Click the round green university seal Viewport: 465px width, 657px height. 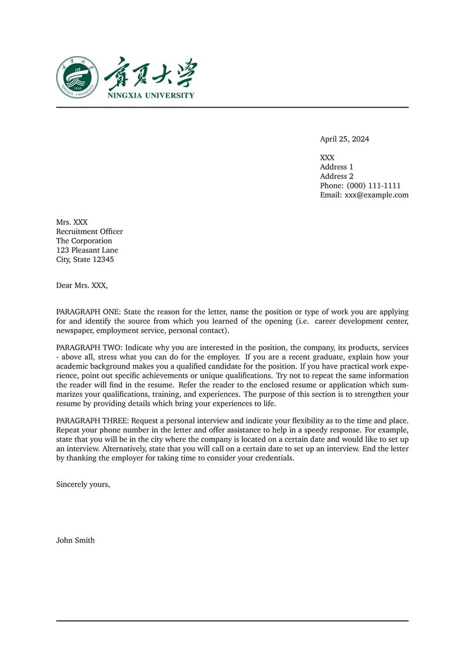click(77, 77)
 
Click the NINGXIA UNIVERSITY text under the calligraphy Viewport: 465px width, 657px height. click(151, 95)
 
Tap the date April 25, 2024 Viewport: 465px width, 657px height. click(344, 139)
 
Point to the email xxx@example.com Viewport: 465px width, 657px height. click(377, 195)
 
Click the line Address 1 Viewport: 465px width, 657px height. click(337, 167)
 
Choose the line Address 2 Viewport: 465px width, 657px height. click(337, 176)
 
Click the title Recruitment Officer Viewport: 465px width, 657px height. click(90, 232)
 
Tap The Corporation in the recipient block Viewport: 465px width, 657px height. click(84, 241)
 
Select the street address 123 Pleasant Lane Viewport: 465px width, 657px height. click(87, 250)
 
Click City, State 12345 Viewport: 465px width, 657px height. click(85, 260)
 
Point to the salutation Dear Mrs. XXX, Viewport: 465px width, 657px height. click(82, 285)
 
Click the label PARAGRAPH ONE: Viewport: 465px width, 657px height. click(88, 312)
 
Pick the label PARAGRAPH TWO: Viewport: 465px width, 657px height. click(89, 348)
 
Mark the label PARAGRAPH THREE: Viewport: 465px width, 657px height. click(93, 421)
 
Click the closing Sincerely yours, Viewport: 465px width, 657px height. click(83, 484)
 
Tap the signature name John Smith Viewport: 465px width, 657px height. click(75, 541)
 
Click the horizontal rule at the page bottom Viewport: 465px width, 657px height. click(232, 621)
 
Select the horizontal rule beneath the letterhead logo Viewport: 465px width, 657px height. click(232, 108)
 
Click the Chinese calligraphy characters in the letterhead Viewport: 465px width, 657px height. click(151, 73)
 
